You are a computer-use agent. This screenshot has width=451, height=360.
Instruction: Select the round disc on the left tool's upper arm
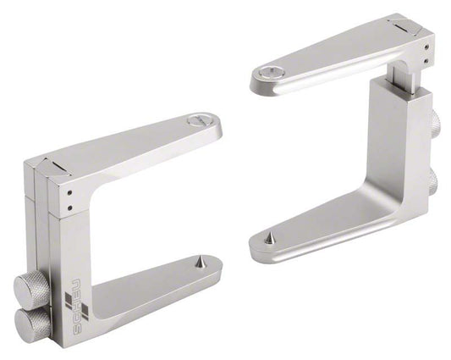pyautogui.click(x=201, y=121)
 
